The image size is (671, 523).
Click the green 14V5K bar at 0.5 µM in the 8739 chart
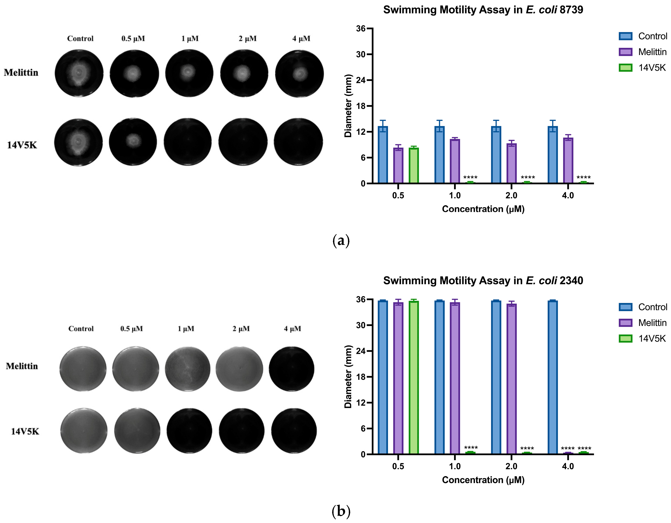(414, 166)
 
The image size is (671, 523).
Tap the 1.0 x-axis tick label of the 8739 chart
(455, 196)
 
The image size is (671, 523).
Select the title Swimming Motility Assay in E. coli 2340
(483, 280)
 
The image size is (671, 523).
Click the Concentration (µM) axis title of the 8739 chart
(483, 209)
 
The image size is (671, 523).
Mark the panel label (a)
(341, 241)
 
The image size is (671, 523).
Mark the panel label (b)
(341, 511)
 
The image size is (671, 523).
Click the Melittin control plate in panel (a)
(79, 73)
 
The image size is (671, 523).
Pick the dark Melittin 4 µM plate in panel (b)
(292, 369)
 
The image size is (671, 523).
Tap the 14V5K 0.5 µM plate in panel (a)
(133, 142)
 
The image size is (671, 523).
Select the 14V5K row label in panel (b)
(25, 431)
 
